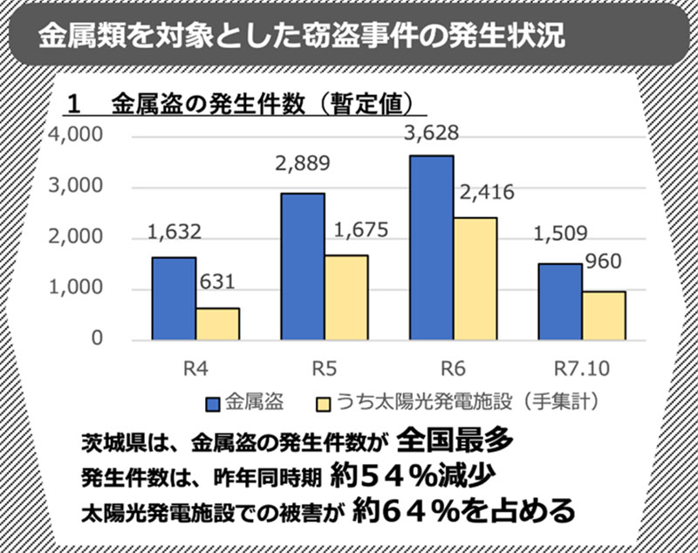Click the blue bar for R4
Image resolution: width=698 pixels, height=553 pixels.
coord(174,297)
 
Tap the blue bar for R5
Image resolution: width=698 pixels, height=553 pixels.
coord(302,265)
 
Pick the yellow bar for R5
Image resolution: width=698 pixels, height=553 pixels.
coord(346,297)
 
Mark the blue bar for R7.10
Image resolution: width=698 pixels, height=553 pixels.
coord(559,301)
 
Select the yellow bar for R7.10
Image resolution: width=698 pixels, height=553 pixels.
coord(603,315)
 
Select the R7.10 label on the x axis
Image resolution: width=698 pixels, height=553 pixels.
coord(582,366)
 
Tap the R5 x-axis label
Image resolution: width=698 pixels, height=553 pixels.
coord(324,366)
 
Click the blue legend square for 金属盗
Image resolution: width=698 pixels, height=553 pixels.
coord(212,404)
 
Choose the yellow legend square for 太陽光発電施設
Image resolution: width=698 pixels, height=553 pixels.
coord(323,404)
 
